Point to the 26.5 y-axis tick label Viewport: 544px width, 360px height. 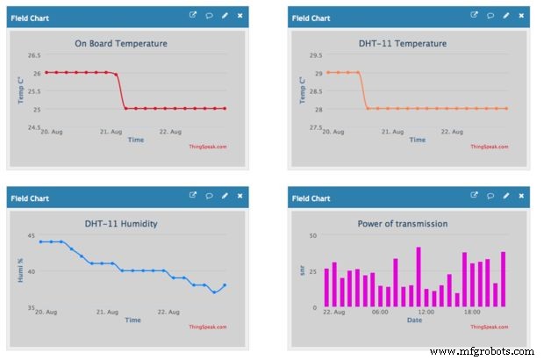(x=34, y=55)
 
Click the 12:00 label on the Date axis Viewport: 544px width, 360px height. (x=425, y=312)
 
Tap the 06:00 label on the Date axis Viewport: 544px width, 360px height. (x=380, y=312)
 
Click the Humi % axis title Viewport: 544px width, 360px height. (x=20, y=270)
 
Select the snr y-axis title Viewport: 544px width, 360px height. (x=301, y=271)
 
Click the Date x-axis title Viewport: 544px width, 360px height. (x=413, y=320)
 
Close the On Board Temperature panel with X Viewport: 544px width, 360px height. (x=240, y=16)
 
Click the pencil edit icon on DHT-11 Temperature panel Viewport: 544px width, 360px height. (x=505, y=16)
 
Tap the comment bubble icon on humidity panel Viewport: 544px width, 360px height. (x=209, y=196)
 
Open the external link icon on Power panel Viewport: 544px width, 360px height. (x=474, y=196)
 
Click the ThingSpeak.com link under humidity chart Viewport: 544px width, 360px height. (x=208, y=327)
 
